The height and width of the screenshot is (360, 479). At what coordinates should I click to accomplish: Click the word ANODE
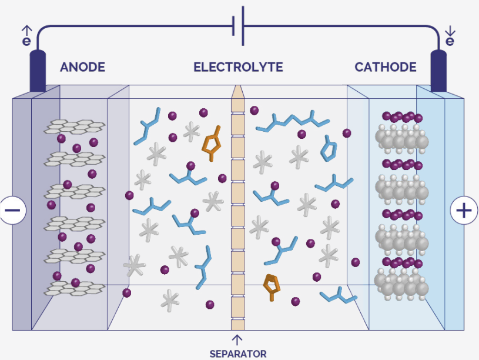coord(82,67)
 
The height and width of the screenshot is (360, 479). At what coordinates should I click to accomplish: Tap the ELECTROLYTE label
coord(238,67)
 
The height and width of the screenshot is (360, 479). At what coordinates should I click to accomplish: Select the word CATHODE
coord(386,67)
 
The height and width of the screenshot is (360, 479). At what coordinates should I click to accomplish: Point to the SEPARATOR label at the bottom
coord(238,354)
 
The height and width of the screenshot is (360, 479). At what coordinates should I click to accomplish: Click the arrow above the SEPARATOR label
coord(237,340)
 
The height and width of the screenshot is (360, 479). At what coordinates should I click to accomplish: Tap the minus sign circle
coord(12,210)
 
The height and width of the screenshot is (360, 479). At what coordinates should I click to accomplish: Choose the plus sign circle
coord(464,211)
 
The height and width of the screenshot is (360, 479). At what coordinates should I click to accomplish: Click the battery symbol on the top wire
coord(238,26)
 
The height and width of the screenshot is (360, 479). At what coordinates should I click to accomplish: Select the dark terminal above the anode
coord(38,71)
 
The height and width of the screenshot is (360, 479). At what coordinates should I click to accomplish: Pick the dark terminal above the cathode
coord(438,71)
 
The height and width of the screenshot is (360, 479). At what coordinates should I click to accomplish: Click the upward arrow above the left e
coord(27,30)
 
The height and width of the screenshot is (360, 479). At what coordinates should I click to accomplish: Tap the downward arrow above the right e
coord(450,31)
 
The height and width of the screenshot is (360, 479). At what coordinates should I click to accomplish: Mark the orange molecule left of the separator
coord(212,143)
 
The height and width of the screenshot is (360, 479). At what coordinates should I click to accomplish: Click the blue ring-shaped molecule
coord(329,149)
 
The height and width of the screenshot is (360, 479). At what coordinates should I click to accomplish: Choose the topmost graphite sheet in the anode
coord(75,127)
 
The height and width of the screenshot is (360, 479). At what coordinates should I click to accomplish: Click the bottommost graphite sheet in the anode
coord(75,288)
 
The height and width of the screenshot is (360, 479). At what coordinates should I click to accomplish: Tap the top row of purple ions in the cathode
coord(403,117)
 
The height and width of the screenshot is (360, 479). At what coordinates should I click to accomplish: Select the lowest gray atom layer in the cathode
coord(401,285)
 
